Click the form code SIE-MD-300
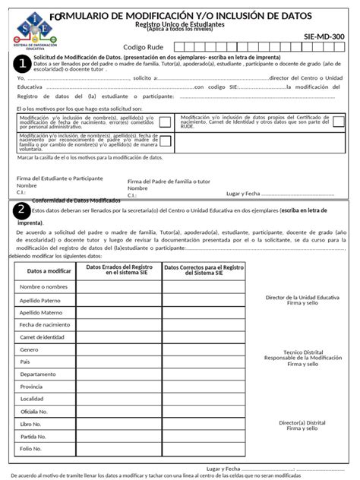click(x=324, y=36)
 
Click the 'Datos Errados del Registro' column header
click(x=118, y=270)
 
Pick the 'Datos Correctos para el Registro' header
click(x=204, y=270)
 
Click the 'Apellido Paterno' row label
click(x=41, y=300)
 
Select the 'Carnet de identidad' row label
click(x=43, y=336)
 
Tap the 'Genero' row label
click(x=30, y=349)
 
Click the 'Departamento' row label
click(x=38, y=374)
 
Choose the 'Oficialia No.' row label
click(x=35, y=411)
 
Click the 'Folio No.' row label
click(x=31, y=448)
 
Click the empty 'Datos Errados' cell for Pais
click(x=118, y=362)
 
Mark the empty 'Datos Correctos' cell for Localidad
click(x=204, y=399)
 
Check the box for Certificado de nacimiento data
click(x=338, y=121)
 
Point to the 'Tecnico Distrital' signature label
click(x=303, y=353)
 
